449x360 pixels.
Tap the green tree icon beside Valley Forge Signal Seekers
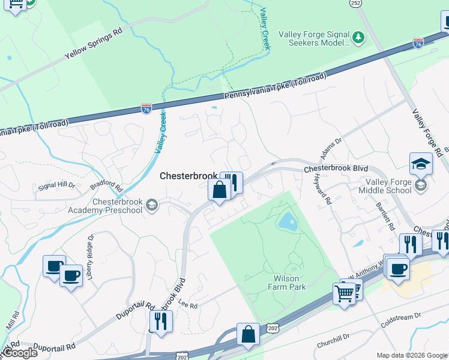[x=358, y=38]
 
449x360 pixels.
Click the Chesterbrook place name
[x=188, y=176]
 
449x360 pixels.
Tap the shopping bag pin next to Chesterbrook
[x=220, y=190]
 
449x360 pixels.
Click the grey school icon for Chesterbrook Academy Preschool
[x=152, y=206]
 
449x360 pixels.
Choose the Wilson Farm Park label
[x=289, y=283]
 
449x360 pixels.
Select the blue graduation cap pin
[x=421, y=164]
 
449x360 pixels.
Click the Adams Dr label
[x=330, y=148]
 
